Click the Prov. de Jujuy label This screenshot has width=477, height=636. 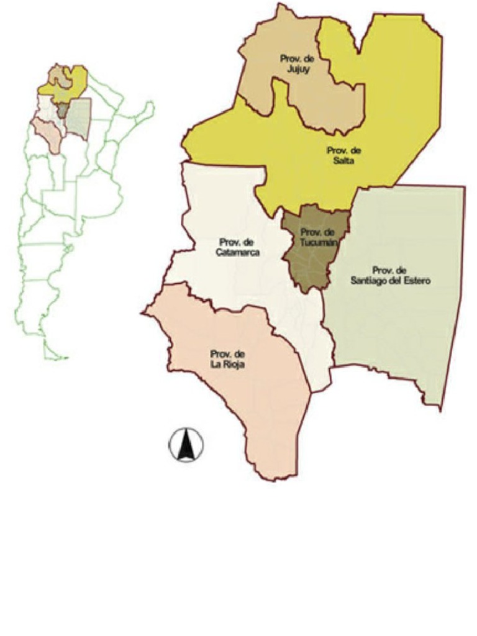point(295,64)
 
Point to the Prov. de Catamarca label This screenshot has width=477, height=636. point(238,247)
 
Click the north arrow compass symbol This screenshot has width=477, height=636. point(186,445)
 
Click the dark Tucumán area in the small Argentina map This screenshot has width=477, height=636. point(63,111)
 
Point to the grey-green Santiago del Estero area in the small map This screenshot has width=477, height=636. point(78,119)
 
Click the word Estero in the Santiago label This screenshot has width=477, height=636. point(417,281)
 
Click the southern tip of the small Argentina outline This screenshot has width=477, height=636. point(62,358)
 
